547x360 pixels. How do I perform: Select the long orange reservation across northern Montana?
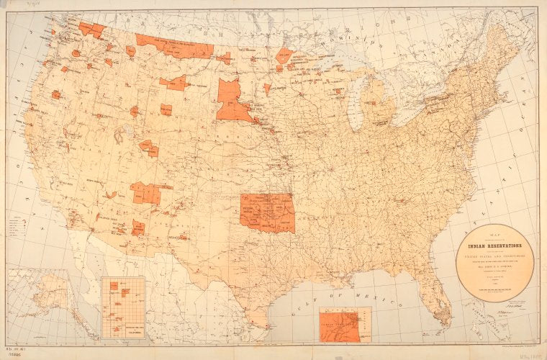click(x=175, y=45)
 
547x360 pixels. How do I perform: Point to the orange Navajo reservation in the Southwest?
click(x=147, y=193)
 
